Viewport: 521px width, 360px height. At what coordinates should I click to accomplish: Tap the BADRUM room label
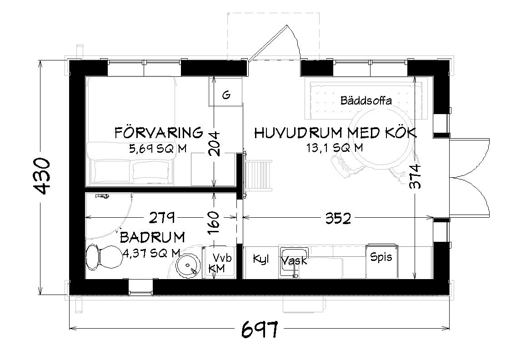[152, 237]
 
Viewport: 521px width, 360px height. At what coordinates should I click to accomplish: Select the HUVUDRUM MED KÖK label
[335, 133]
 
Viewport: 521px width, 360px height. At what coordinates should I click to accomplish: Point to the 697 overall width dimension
[260, 329]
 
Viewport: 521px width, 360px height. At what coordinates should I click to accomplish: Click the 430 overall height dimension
[43, 176]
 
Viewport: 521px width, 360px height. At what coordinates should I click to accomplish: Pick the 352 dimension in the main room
[338, 218]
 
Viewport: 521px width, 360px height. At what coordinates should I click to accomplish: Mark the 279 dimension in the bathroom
[162, 218]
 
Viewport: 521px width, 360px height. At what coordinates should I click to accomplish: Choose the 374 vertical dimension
[415, 176]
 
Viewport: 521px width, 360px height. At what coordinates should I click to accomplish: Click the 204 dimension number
[213, 144]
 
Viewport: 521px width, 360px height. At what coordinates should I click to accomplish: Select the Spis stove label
[381, 257]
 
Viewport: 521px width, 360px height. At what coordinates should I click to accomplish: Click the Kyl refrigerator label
[260, 259]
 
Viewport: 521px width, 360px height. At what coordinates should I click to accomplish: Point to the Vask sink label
[295, 261]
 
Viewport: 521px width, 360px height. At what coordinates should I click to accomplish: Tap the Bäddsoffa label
[366, 100]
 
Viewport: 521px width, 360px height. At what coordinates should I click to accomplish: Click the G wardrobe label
[226, 95]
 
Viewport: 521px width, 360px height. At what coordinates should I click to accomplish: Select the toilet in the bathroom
[104, 258]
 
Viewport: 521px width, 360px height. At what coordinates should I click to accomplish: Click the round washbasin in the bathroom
[188, 266]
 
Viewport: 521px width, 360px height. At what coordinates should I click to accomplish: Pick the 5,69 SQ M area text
[157, 148]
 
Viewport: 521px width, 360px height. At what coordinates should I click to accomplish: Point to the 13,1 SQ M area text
[335, 147]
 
